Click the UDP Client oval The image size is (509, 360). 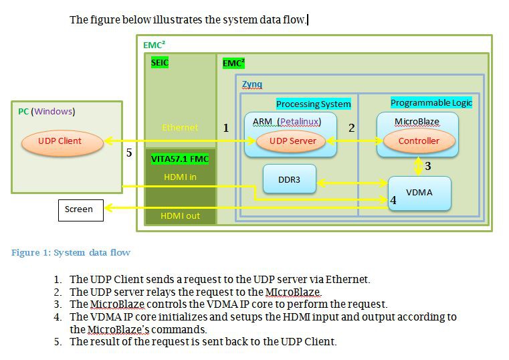pyautogui.click(x=61, y=141)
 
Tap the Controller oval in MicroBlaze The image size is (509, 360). pyautogui.click(x=418, y=141)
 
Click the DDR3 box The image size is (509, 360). pyautogui.click(x=289, y=179)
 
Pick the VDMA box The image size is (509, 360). pyautogui.click(x=419, y=193)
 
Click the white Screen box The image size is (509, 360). pyautogui.click(x=80, y=209)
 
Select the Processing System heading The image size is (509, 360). pyautogui.click(x=313, y=104)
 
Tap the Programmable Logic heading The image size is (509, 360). pyautogui.click(x=431, y=102)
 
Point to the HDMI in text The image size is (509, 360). pyautogui.click(x=180, y=177)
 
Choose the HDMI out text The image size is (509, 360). pyautogui.click(x=180, y=215)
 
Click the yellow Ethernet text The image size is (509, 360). pyautogui.click(x=180, y=127)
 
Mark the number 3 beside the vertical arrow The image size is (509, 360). pyautogui.click(x=428, y=165)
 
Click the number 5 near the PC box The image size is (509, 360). pyautogui.click(x=129, y=153)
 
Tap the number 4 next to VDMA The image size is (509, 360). pyautogui.click(x=393, y=199)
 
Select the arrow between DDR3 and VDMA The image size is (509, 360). pyautogui.click(x=352, y=182)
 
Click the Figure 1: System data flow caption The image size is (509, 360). pyautogui.click(x=71, y=252)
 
